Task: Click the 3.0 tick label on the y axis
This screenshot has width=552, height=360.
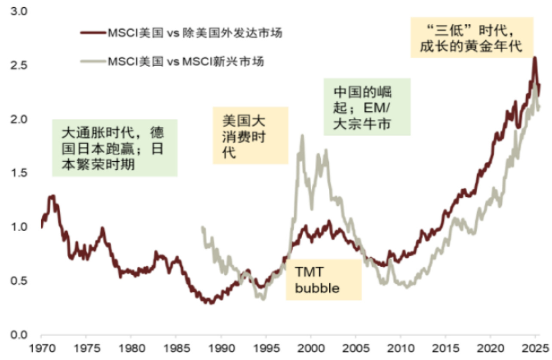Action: click(19, 12)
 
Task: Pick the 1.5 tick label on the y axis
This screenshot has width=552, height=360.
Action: click(19, 173)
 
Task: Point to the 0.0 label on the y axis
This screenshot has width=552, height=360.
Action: click(19, 335)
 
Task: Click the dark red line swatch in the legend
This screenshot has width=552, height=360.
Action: click(92, 32)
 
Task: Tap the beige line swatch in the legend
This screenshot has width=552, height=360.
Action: click(92, 62)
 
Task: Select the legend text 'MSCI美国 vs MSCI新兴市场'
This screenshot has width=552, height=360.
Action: click(186, 62)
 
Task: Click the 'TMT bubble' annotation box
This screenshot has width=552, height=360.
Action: click(323, 280)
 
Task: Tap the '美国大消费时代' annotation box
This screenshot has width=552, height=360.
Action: click(250, 135)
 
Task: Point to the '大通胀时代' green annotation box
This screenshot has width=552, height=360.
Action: click(114, 148)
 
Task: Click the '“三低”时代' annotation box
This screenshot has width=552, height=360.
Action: click(472, 37)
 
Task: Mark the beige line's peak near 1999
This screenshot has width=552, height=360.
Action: click(302, 135)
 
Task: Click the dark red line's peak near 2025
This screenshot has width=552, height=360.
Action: click(535, 58)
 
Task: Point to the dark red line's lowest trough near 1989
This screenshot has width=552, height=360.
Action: click(210, 303)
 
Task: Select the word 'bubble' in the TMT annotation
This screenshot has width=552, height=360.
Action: click(317, 288)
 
